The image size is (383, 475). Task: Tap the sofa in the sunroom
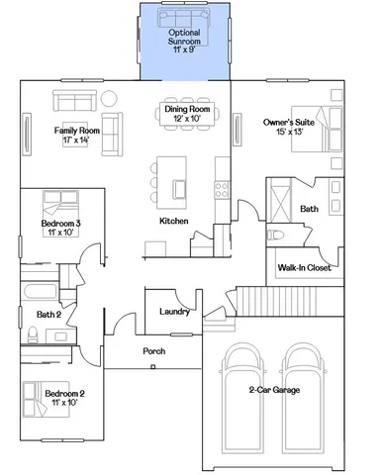(x=184, y=20)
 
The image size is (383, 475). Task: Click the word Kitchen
(x=174, y=220)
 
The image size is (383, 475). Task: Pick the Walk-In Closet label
(x=304, y=266)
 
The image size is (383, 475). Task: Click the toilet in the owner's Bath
(x=276, y=235)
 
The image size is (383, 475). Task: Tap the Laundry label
(x=174, y=312)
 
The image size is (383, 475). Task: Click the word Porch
(x=154, y=351)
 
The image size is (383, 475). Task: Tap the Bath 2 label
(x=48, y=315)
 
